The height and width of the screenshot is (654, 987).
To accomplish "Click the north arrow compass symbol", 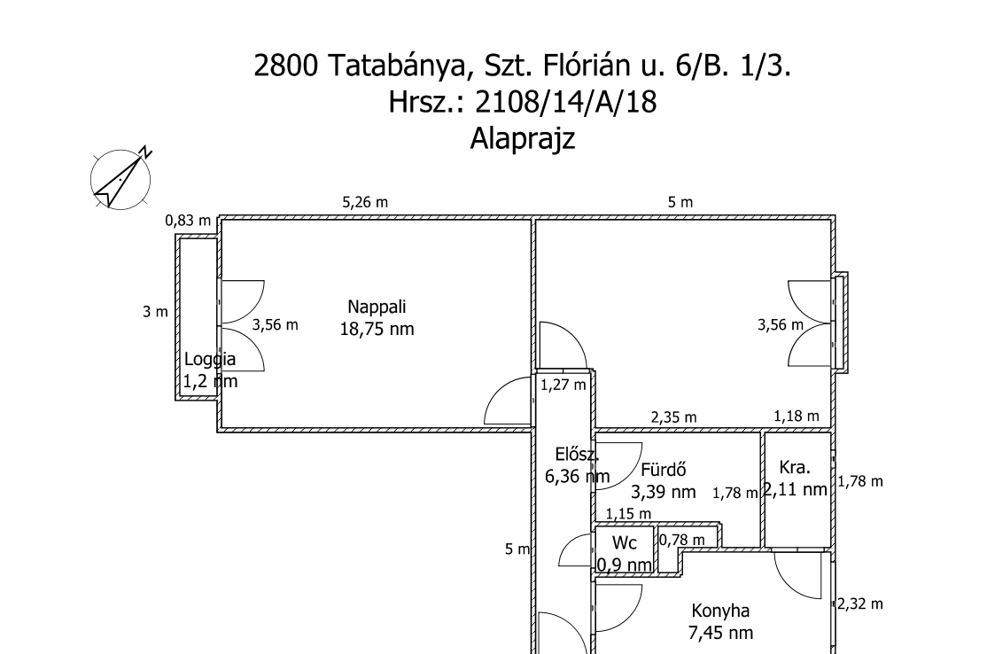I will coord(120,177).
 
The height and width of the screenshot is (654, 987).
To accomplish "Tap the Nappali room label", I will coord(377,308).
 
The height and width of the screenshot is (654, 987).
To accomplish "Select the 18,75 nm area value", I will coord(377,329).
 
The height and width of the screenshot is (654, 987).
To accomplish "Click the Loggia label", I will coord(210,360).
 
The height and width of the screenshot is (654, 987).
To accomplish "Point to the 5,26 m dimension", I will coord(365,202).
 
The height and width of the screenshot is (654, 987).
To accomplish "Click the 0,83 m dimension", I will coord(189,221).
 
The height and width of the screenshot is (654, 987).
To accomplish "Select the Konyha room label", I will coord(720,611).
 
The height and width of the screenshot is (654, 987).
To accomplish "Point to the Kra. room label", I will coord(796,467).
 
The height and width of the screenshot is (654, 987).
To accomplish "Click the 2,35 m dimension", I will coord(673,417).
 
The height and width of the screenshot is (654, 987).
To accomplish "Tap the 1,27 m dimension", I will coord(563,385).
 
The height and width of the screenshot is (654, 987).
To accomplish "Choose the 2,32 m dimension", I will coord(860,603).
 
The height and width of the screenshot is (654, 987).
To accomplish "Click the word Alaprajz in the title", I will coord(522,139).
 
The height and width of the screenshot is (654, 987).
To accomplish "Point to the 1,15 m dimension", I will coord(628,513).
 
